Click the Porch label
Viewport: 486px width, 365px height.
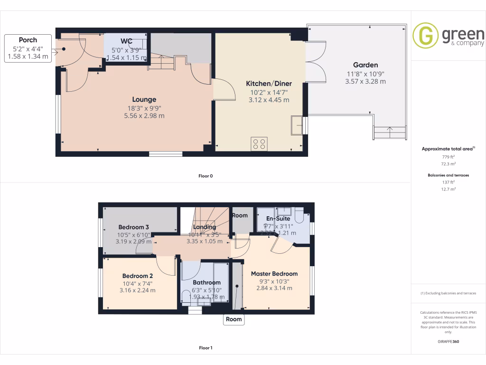pos(28,40)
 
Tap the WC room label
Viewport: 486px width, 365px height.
pos(126,41)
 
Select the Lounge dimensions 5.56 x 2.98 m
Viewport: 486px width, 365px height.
pos(144,115)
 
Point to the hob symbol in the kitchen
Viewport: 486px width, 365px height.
pos(259,144)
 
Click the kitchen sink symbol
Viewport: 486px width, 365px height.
pos(298,125)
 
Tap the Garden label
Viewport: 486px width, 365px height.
pos(365,65)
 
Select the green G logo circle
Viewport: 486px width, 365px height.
pos(425,36)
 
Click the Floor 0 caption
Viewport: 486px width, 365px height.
pos(206,176)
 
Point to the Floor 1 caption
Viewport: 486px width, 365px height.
pos(206,348)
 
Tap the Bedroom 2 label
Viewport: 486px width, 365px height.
pos(137,276)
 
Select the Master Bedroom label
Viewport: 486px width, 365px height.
pos(274,274)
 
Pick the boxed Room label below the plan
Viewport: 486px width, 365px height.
pos(234,319)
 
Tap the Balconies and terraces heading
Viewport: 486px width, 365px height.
pos(449,175)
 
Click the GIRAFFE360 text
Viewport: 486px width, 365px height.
pos(449,341)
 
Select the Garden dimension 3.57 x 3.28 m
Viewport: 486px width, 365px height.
pos(365,81)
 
